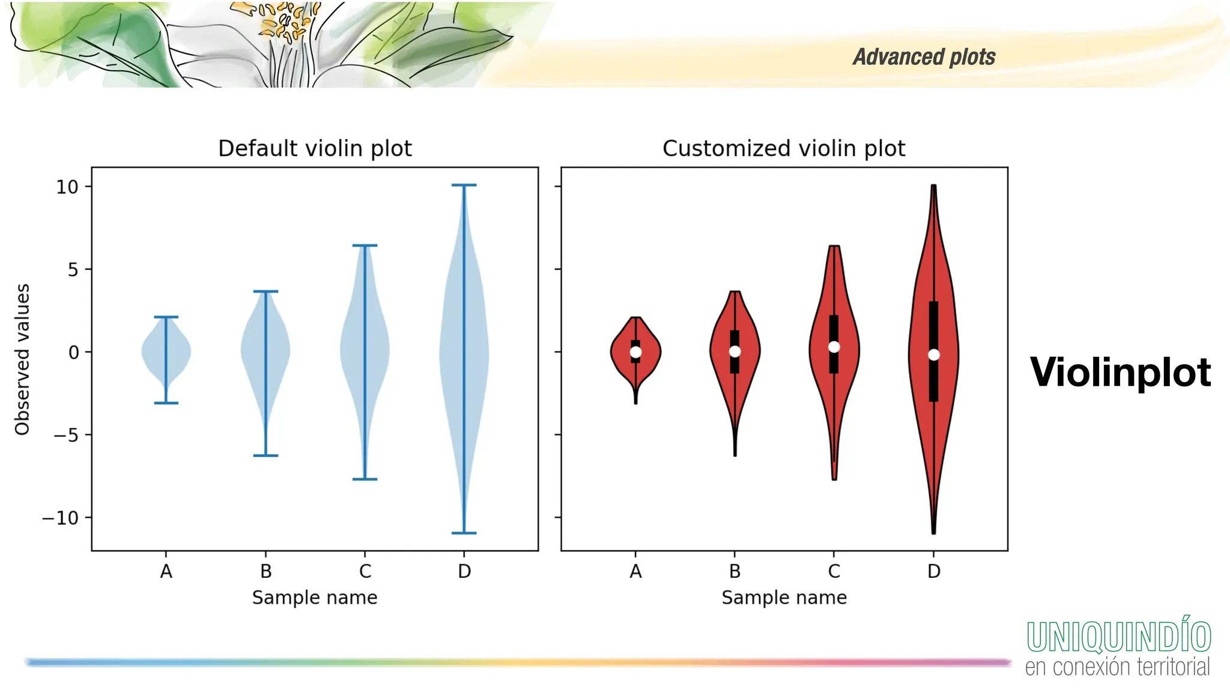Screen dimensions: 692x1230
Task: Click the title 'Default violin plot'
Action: (315, 148)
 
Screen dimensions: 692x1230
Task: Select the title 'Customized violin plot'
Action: (783, 148)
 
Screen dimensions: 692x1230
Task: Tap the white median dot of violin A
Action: (635, 352)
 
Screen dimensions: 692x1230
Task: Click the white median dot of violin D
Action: (933, 355)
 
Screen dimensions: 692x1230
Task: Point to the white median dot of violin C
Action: (834, 347)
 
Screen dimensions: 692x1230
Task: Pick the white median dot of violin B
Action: (735, 351)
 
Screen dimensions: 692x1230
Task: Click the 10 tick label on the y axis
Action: (67, 187)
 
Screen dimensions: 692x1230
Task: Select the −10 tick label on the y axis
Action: (61, 518)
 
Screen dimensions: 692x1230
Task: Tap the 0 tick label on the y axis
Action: (73, 352)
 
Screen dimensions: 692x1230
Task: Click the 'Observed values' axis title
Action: (22, 359)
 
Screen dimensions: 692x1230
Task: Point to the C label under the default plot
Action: (365, 571)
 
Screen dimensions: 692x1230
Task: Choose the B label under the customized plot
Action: (735, 571)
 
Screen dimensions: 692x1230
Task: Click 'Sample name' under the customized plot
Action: (784, 598)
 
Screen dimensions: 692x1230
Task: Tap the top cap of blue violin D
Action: (464, 185)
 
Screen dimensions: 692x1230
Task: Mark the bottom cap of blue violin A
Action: (166, 402)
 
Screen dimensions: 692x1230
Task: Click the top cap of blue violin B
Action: (265, 291)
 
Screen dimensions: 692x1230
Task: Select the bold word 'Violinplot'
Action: (1120, 372)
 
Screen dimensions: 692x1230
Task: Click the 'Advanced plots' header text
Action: (924, 57)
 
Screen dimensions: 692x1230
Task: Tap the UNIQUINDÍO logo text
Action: (1118, 637)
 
